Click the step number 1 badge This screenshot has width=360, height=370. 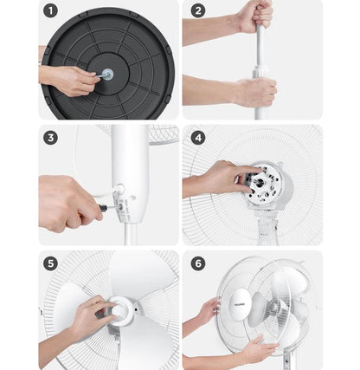(x=51, y=12)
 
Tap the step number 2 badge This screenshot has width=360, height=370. (x=198, y=11)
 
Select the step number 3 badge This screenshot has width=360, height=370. (x=51, y=138)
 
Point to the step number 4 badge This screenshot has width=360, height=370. (x=198, y=138)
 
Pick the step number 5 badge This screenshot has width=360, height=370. (x=51, y=263)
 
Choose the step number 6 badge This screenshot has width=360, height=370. (x=198, y=263)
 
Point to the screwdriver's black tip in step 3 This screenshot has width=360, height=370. (x=104, y=207)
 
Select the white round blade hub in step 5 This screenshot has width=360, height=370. (x=120, y=311)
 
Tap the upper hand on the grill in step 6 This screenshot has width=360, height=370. (x=209, y=310)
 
